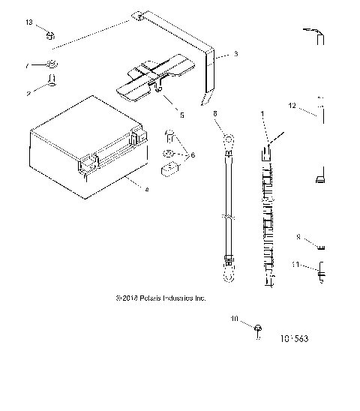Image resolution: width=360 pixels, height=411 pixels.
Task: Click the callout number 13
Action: click(29, 24)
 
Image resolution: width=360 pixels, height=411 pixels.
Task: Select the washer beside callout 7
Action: click(51, 65)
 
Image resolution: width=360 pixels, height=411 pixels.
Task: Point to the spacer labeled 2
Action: click(52, 79)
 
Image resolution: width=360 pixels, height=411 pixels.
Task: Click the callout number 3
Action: click(235, 54)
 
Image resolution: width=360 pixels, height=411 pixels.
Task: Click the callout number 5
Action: click(180, 115)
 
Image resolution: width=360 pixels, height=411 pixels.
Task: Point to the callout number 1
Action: click(262, 112)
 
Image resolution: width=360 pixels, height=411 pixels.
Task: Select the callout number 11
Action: click(295, 265)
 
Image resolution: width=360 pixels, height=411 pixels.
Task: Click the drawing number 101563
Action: click(295, 338)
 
